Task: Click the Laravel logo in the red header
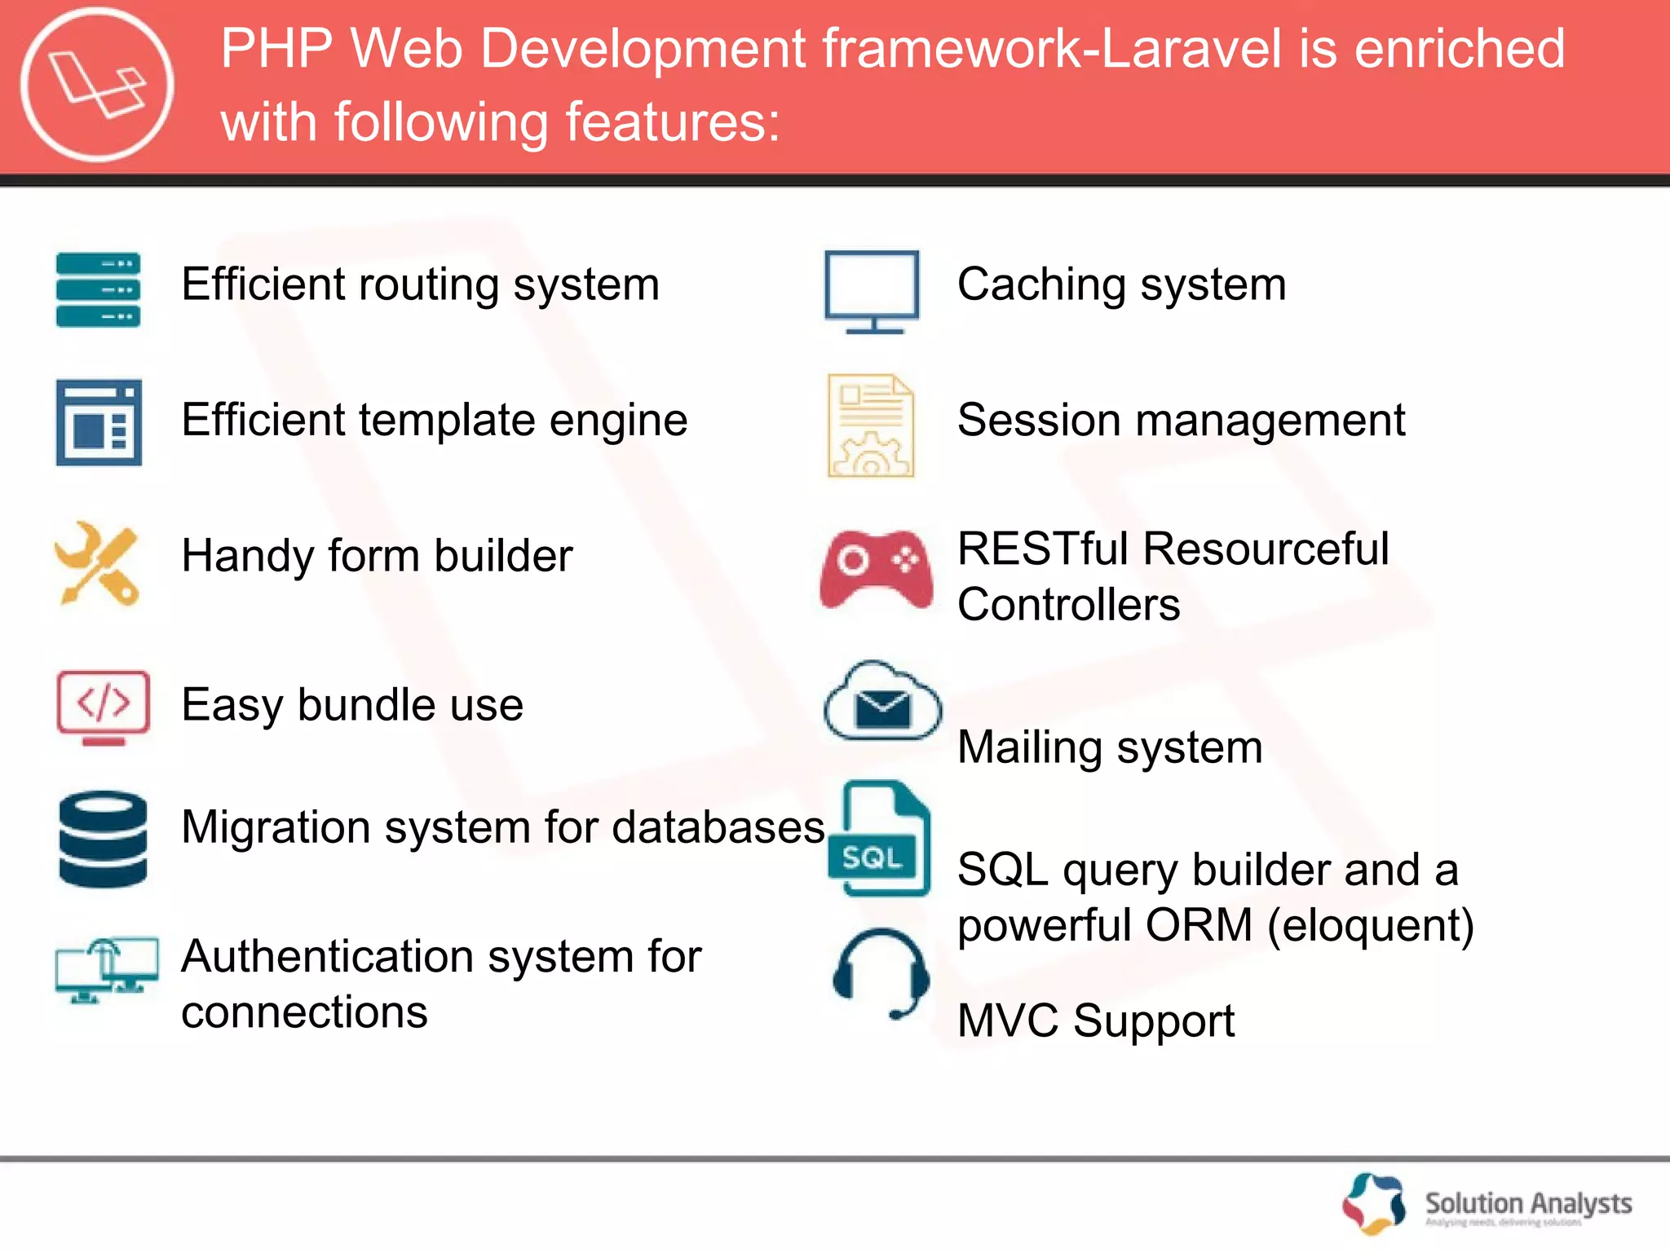(97, 85)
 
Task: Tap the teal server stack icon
(98, 289)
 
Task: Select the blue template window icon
(99, 422)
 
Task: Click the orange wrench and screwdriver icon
(97, 563)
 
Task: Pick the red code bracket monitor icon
(103, 707)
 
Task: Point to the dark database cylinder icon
(104, 839)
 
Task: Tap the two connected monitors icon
(107, 970)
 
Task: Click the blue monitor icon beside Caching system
(872, 291)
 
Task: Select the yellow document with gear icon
(870, 425)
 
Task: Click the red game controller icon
(877, 569)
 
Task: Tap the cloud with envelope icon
(882, 701)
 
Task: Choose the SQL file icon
(878, 839)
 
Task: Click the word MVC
(1008, 1021)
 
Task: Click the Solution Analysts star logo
(1374, 1203)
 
